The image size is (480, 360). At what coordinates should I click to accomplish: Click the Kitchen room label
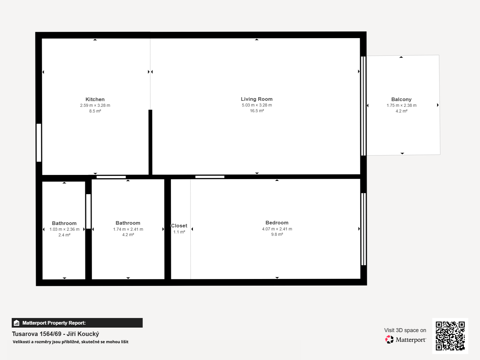point(95,99)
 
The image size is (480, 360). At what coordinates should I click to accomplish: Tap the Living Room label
point(257,99)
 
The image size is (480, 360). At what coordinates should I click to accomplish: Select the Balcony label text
point(401,100)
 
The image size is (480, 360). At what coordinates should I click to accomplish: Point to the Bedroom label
point(277,223)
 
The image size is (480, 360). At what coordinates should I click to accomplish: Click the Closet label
point(179,226)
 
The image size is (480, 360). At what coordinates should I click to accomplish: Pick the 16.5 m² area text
point(257,111)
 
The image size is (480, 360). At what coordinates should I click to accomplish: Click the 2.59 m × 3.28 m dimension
point(95,105)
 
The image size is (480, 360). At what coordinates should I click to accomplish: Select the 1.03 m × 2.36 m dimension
point(64,229)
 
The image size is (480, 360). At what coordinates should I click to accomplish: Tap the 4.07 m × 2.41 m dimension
point(277,229)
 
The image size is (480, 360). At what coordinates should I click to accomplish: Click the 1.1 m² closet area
point(179,232)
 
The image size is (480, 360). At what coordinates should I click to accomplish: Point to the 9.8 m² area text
point(277,234)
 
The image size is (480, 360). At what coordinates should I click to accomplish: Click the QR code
point(450,336)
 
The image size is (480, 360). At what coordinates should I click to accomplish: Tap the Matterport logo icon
point(389,340)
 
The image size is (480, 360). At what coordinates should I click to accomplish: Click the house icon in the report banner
point(16,323)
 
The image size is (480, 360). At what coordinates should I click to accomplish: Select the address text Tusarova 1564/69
point(37,334)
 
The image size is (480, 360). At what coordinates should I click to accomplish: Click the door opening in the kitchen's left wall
point(39,142)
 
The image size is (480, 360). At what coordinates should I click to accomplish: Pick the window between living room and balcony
point(363,106)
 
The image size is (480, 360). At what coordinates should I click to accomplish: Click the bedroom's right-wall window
point(363,229)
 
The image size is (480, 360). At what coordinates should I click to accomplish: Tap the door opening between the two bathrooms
point(88,211)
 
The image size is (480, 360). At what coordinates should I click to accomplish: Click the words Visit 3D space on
point(405,330)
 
